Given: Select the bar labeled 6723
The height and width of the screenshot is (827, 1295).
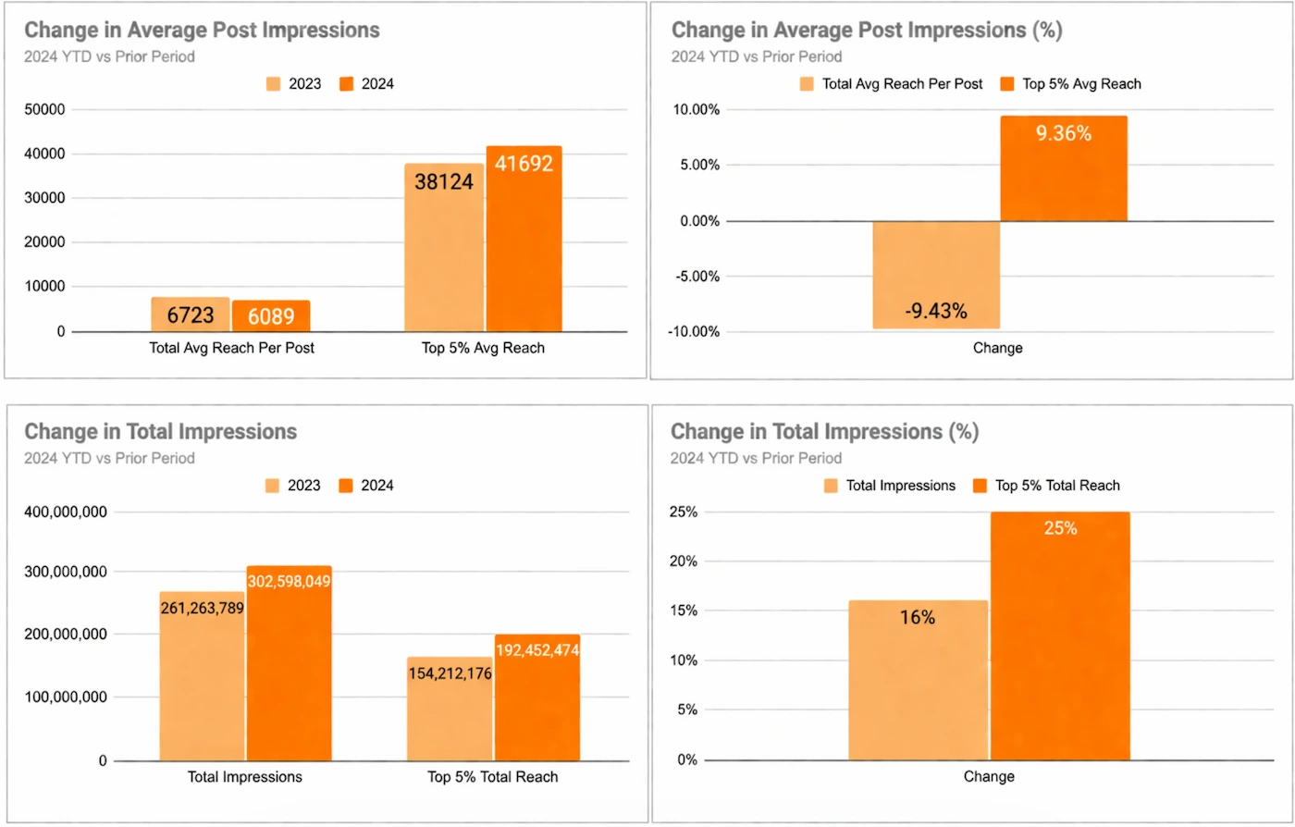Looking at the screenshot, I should pos(191,315).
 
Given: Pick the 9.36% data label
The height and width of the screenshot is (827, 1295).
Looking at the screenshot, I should pos(1064,133).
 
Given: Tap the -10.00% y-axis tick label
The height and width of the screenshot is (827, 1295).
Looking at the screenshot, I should pos(693,332).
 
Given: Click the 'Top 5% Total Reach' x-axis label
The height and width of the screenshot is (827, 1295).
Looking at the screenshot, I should pos(492,777).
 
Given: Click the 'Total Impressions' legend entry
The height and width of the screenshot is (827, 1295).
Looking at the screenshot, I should pos(890,486).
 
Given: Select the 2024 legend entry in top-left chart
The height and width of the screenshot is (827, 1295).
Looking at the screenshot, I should pos(367,84).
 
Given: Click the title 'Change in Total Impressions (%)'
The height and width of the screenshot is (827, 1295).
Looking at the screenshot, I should pos(824,432).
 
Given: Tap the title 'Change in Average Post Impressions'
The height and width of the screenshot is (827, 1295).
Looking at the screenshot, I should pos(202,31).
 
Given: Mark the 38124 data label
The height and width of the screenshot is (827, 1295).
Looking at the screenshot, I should pos(444,182).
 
